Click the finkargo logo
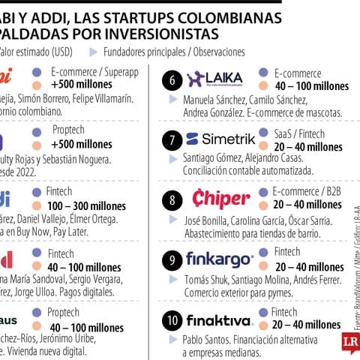coord(219,259)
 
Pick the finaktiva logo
coord(220,319)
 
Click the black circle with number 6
coord(172,79)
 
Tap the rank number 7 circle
coord(172,139)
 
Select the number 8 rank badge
coord(172,200)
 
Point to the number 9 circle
coord(172,260)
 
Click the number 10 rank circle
coord(172,320)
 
